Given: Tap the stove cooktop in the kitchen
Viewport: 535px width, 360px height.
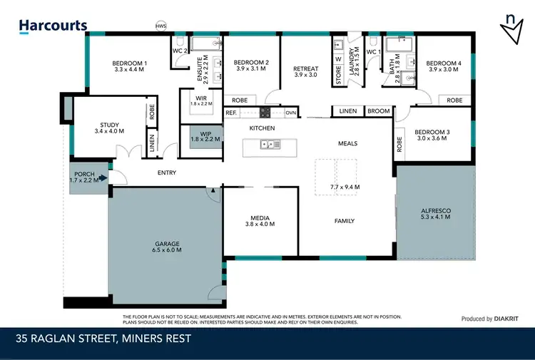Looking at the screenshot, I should click(x=265, y=113).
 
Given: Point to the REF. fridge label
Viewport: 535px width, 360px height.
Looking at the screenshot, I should click(x=230, y=113).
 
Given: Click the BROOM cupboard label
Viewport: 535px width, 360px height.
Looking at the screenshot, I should click(x=378, y=111).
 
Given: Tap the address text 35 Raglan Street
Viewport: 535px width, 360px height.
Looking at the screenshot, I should click(x=103, y=339).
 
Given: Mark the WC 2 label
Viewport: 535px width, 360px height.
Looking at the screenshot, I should click(x=179, y=51).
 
